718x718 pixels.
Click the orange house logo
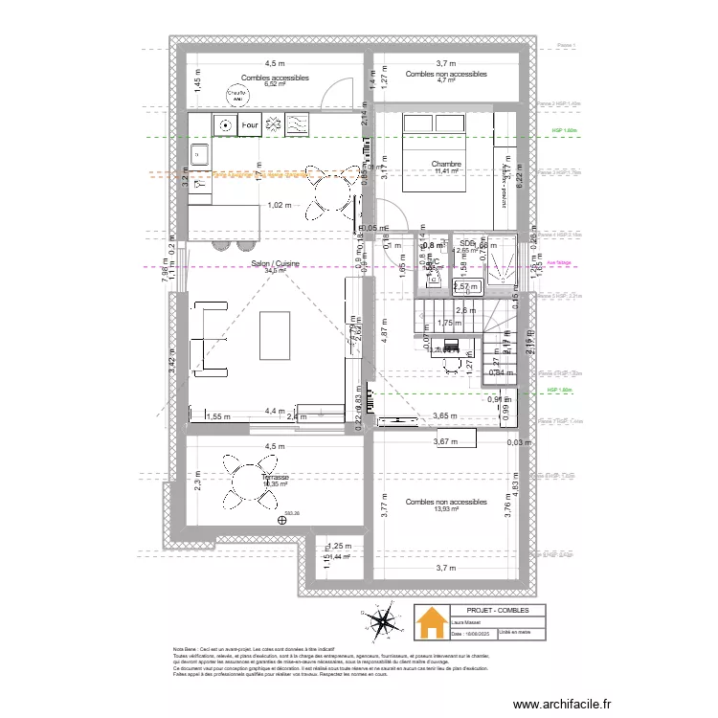(x=430, y=622)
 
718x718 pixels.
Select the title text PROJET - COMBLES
(x=491, y=610)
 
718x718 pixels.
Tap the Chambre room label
(x=446, y=165)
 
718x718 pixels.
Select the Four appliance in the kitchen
(x=250, y=124)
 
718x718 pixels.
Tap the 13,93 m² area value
(x=446, y=509)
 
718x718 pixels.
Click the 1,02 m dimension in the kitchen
(x=280, y=205)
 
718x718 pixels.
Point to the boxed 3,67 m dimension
(x=445, y=441)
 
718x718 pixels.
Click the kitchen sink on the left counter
(x=201, y=153)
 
